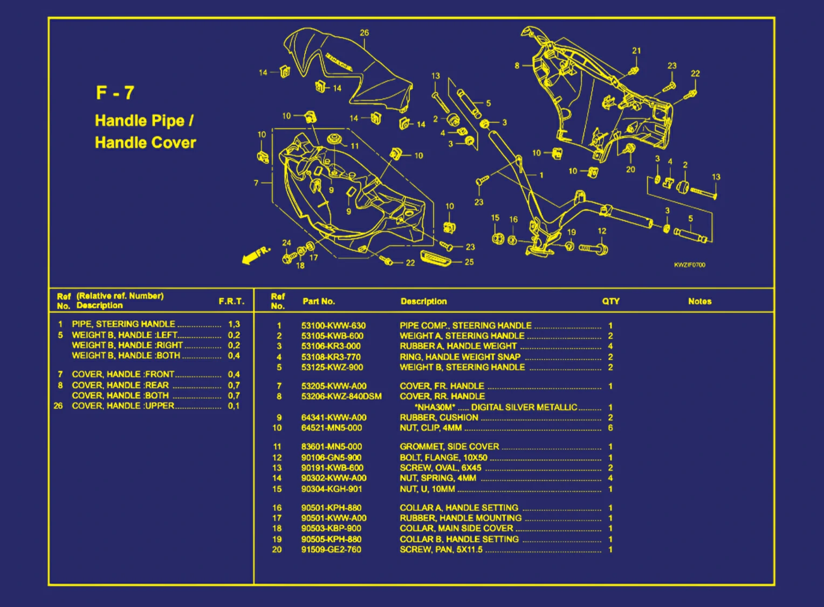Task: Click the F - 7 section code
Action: click(115, 93)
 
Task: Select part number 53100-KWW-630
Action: click(333, 326)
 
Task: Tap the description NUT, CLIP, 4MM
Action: click(430, 428)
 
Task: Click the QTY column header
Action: click(610, 302)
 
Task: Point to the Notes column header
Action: click(699, 302)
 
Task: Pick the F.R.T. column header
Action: click(231, 302)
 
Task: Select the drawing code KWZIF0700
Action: click(689, 265)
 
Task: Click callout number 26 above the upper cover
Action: click(365, 33)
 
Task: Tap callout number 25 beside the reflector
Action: click(469, 262)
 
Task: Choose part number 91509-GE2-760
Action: click(331, 550)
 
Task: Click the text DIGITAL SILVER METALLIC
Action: click(524, 408)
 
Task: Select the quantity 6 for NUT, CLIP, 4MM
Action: click(610, 428)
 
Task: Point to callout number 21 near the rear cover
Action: click(636, 51)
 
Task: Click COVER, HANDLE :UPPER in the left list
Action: click(123, 406)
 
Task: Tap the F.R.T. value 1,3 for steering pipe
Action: click(234, 324)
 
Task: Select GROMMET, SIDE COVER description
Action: click(449, 447)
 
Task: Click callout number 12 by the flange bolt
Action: click(602, 231)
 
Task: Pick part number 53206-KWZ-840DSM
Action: click(341, 397)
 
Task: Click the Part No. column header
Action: click(319, 302)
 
